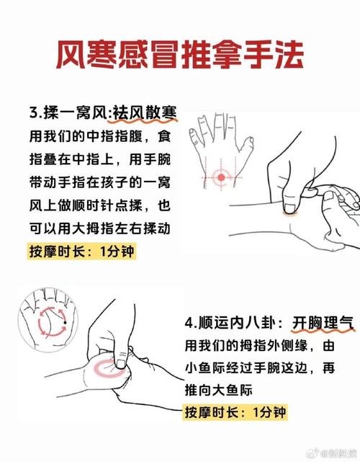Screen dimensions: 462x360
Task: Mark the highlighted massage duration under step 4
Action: [x=235, y=413]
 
